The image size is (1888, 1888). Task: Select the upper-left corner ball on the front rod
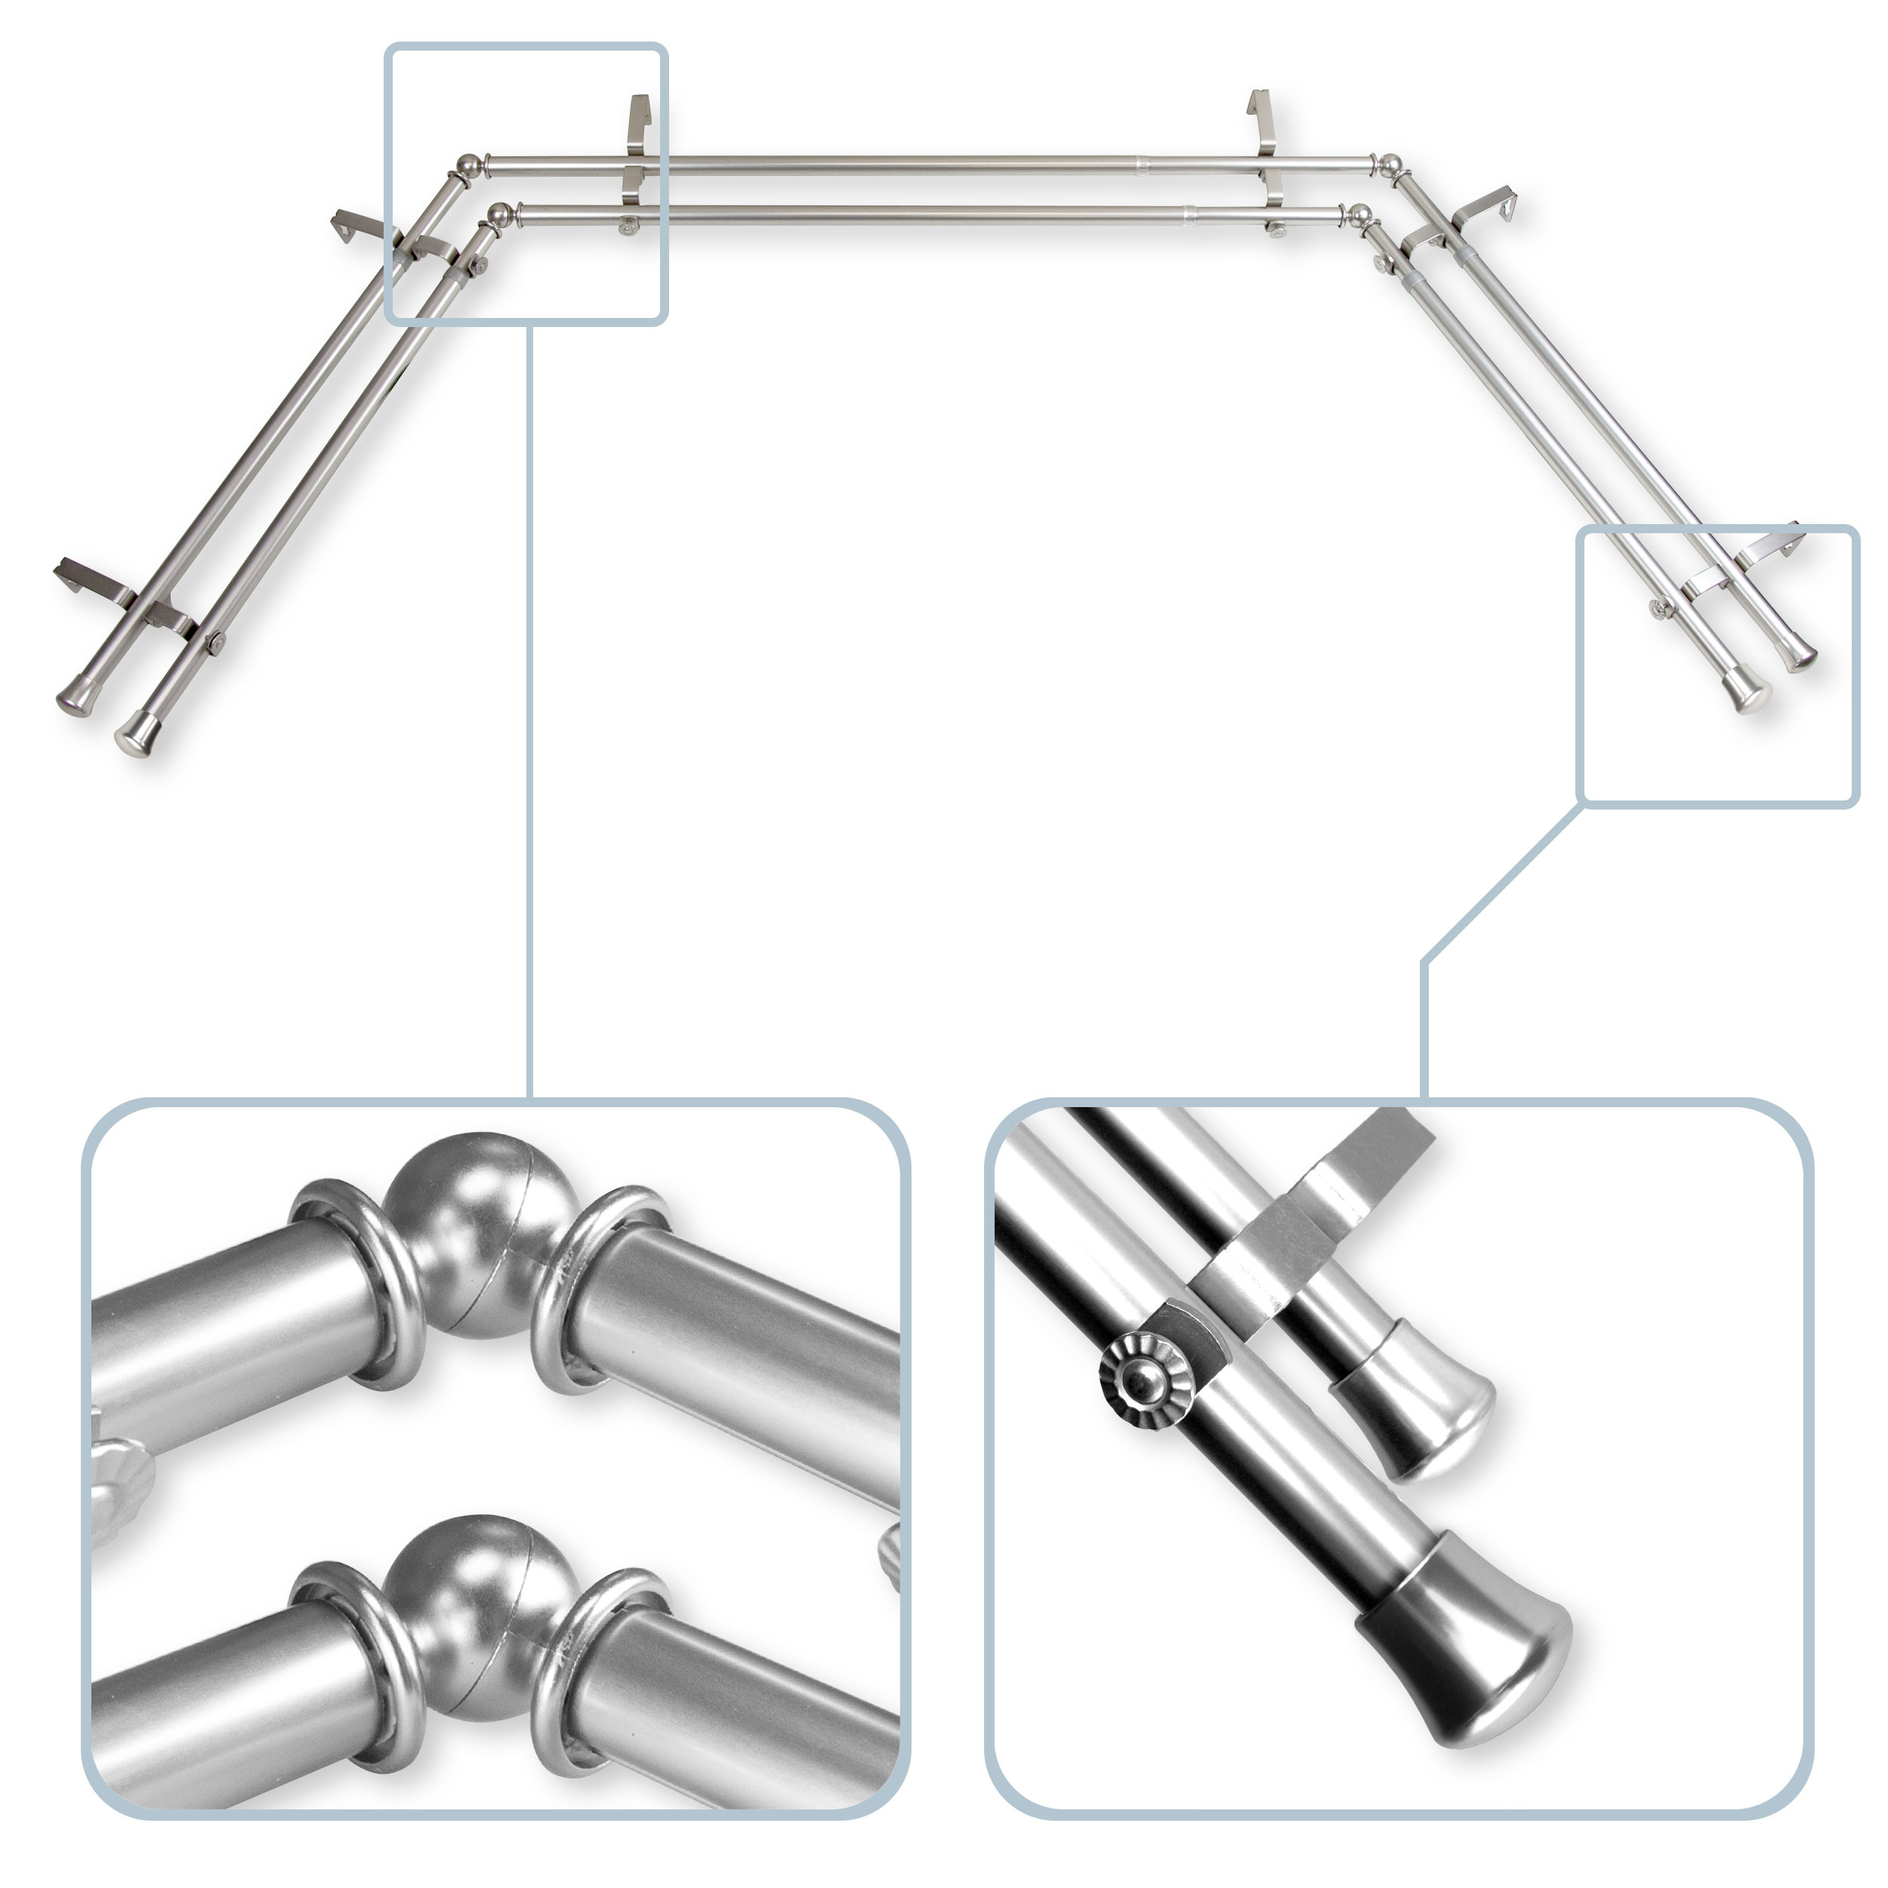point(501,213)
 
